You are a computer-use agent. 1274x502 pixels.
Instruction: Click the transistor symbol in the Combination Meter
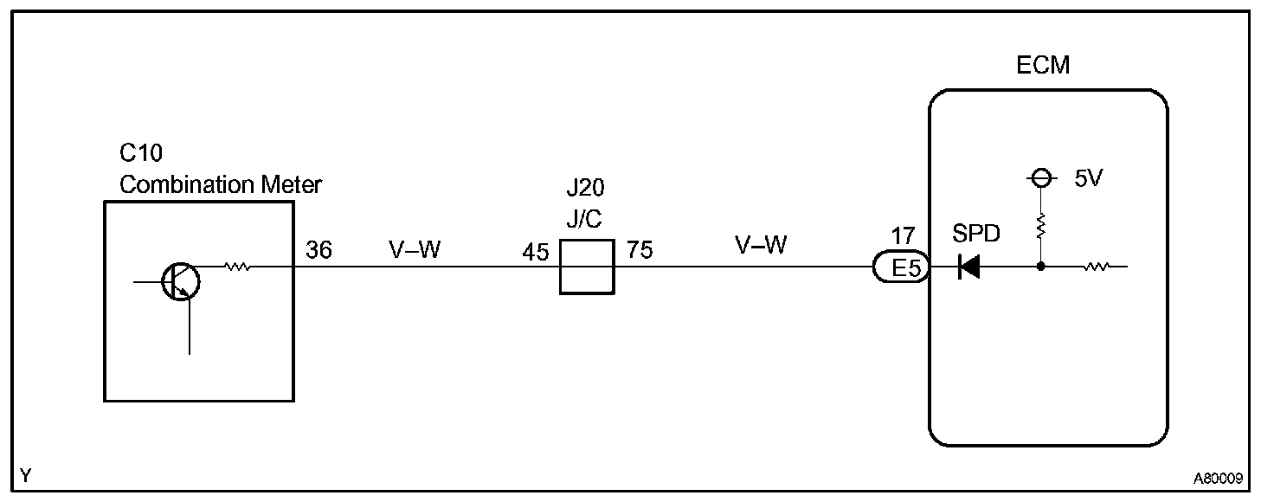[x=181, y=281]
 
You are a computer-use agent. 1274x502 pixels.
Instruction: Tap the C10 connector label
[x=140, y=154]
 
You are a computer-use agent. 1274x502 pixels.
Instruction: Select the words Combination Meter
[x=221, y=184]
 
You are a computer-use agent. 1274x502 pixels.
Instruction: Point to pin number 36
[x=318, y=250]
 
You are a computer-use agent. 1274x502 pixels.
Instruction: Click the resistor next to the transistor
[x=237, y=267]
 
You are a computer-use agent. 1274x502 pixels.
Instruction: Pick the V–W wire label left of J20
[x=415, y=250]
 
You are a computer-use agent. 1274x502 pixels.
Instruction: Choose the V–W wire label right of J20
[x=761, y=246]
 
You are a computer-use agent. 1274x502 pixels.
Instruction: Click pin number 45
[x=536, y=253]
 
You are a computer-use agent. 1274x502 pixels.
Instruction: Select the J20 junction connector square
[x=586, y=267]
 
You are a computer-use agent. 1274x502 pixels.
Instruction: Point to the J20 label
[x=584, y=188]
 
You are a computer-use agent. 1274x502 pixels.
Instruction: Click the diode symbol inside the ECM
[x=968, y=268]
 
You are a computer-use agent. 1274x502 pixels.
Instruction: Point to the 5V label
[x=1089, y=180]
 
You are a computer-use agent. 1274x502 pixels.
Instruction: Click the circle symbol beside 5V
[x=1040, y=178]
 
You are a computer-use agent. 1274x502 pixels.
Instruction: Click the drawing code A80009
[x=1219, y=478]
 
